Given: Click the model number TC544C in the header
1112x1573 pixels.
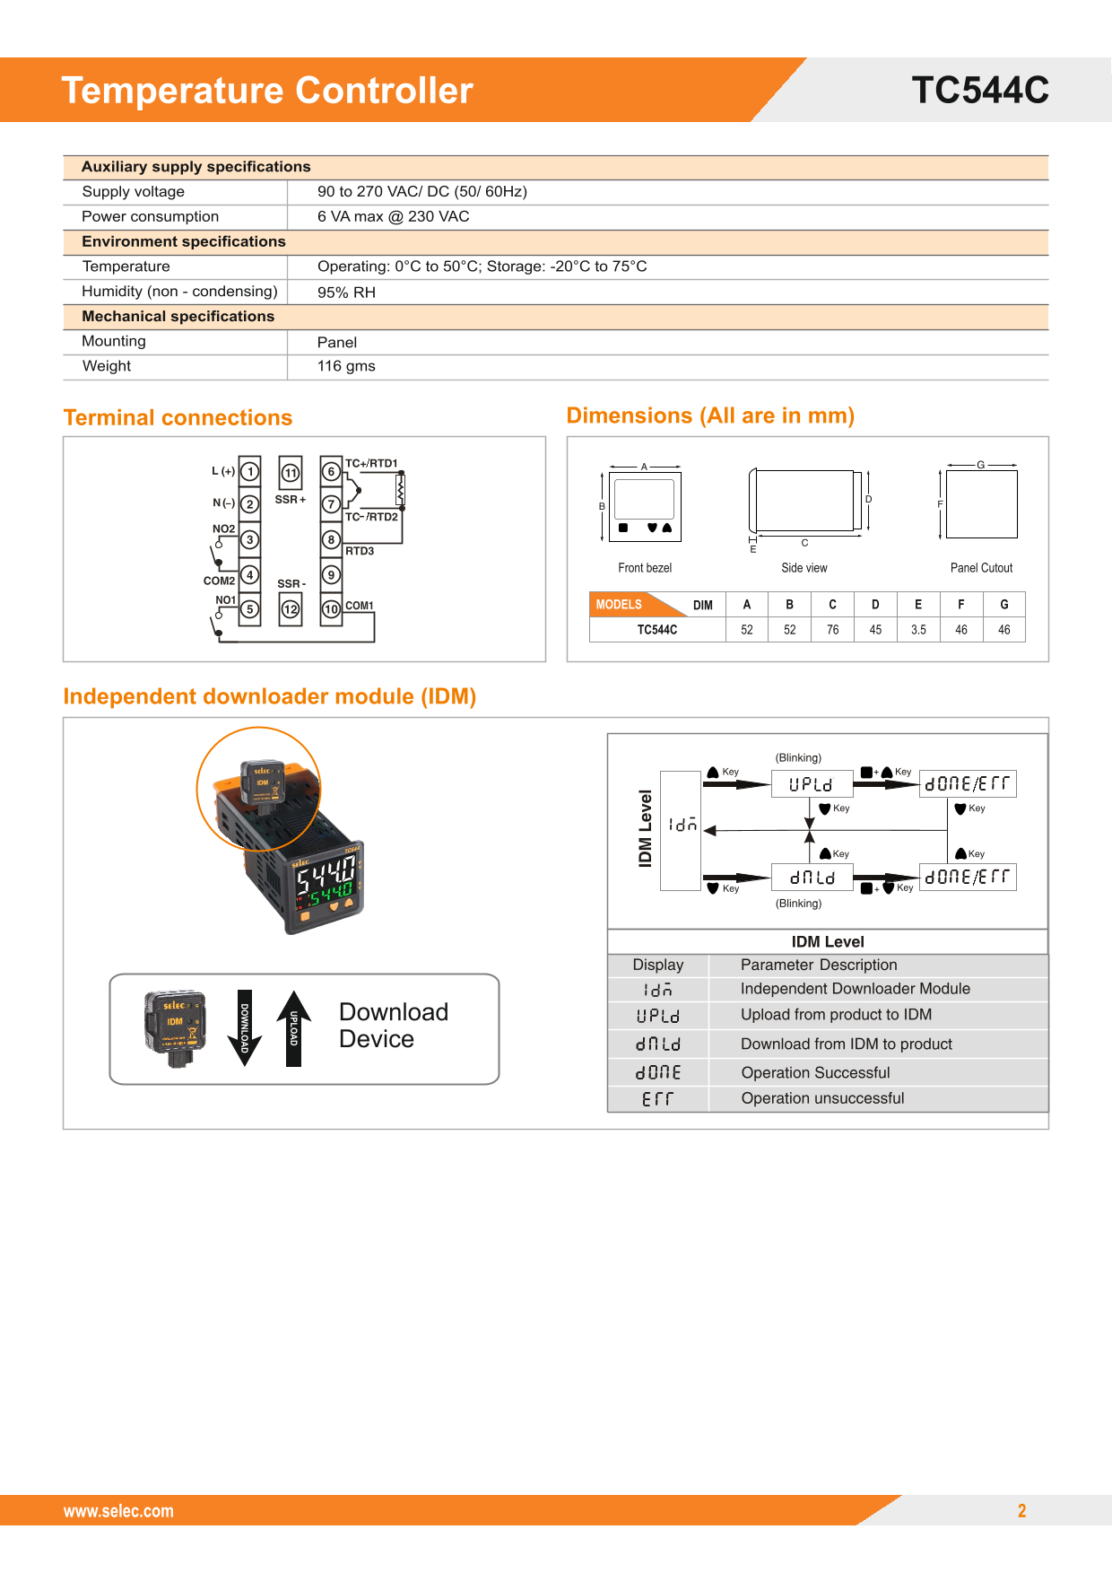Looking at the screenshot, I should (x=979, y=91).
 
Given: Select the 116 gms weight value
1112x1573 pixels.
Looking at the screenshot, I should (x=346, y=366).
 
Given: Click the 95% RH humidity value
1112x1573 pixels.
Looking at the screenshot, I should (x=346, y=293).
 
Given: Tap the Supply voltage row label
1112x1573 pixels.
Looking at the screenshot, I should (x=133, y=192).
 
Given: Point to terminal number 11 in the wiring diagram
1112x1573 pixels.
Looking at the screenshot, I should (x=291, y=473).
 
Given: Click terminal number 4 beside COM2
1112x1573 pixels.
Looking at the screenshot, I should (x=250, y=575).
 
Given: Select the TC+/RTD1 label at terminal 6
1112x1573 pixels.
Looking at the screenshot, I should (x=371, y=464).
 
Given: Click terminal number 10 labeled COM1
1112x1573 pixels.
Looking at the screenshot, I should (x=331, y=609).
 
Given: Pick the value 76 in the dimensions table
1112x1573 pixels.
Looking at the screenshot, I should (x=832, y=630).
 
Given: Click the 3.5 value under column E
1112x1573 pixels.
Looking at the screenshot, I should (x=918, y=630).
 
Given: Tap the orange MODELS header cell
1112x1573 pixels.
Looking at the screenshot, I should (x=619, y=605).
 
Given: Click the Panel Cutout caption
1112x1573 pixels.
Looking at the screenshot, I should (x=981, y=568).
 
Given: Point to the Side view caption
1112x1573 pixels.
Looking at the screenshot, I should (x=804, y=568).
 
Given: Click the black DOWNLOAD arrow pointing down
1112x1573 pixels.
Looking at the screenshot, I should (x=244, y=1028).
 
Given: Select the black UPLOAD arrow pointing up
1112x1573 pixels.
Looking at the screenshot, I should (x=293, y=1028).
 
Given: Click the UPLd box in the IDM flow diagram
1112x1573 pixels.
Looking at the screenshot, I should (x=811, y=784).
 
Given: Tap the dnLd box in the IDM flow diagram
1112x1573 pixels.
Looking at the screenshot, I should (x=812, y=878).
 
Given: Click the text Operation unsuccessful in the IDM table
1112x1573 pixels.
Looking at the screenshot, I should (x=822, y=1098).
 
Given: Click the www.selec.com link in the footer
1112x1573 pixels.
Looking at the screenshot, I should (x=118, y=1511).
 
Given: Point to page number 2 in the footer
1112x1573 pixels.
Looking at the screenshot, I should (x=1021, y=1511).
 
